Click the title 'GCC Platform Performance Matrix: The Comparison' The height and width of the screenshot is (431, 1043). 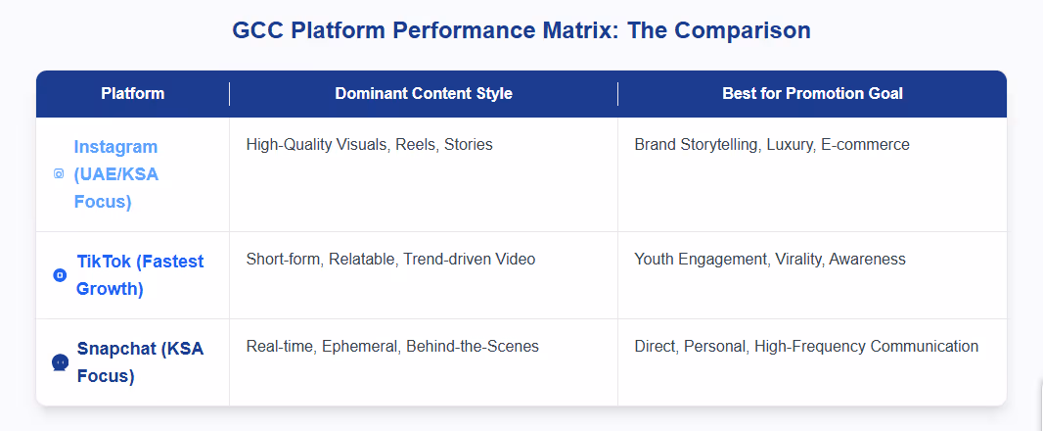[521, 30]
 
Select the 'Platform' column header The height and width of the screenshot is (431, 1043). [132, 94]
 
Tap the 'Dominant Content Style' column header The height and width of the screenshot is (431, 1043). [424, 94]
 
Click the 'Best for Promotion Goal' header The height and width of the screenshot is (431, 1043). [812, 94]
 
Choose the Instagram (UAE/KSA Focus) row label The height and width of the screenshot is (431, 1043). [115, 174]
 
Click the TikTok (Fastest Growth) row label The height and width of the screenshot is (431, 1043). [140, 275]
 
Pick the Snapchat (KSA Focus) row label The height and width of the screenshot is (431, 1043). [140, 361]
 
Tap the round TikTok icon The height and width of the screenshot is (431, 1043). [60, 275]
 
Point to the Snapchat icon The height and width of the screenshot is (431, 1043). [60, 362]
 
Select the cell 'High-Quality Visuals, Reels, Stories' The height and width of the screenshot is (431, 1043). [369, 145]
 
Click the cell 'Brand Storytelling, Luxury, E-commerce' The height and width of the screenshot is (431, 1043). [771, 145]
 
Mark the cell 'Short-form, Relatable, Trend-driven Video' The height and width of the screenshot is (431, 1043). [390, 260]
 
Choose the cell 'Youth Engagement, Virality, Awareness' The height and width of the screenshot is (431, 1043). [769, 260]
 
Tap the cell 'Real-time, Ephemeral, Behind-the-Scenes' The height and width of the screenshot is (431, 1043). [392, 346]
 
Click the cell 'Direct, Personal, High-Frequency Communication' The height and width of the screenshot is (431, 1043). [806, 346]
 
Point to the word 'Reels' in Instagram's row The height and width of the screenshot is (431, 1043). [416, 145]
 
